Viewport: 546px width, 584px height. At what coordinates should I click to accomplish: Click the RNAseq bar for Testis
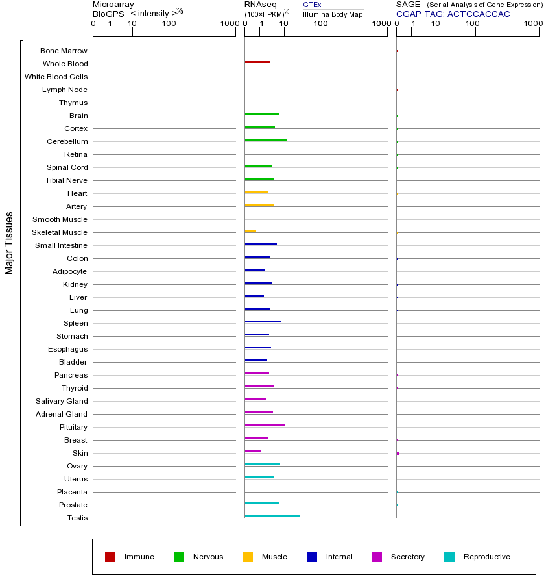[x=272, y=516]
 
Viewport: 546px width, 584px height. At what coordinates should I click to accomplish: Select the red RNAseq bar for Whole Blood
[x=257, y=62]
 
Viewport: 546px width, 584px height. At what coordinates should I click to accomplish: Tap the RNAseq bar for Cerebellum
[x=265, y=140]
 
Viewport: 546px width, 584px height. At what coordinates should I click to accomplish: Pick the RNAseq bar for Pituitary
[x=265, y=425]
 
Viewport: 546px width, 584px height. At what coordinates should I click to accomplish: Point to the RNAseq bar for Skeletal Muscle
[x=250, y=230]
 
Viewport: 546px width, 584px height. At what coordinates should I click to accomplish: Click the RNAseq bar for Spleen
[x=263, y=321]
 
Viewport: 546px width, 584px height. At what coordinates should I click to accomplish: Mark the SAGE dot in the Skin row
[x=398, y=453]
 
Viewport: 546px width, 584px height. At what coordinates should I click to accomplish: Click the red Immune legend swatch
[x=110, y=557]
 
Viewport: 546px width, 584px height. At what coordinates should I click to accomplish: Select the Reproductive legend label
[x=486, y=557]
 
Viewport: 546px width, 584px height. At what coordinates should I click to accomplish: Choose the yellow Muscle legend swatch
[x=248, y=557]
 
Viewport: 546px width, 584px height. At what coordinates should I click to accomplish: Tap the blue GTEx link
[x=312, y=5]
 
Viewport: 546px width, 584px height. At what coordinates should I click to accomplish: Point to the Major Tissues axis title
[x=9, y=243]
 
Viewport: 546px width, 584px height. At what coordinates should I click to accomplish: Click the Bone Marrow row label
[x=64, y=51]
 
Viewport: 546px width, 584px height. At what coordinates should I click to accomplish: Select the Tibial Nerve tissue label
[x=66, y=180]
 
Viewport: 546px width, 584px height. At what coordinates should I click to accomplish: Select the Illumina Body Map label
[x=333, y=14]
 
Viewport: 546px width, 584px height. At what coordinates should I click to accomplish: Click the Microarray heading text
[x=113, y=5]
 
